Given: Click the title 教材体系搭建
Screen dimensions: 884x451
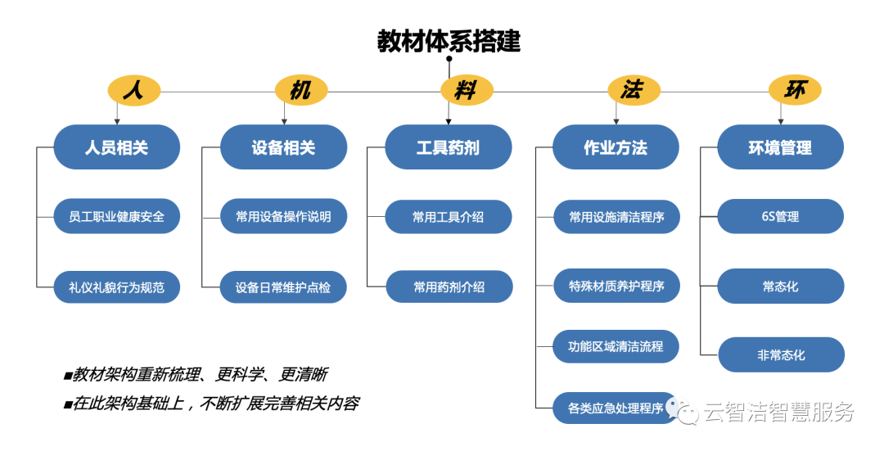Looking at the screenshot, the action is (x=449, y=41).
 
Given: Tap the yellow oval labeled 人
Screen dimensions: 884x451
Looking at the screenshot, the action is (x=134, y=90).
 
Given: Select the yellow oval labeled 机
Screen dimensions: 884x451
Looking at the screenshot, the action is (x=301, y=90).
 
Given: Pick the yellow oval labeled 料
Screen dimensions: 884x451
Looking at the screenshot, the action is (x=467, y=90).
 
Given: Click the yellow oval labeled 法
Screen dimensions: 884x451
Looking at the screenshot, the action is (x=634, y=90).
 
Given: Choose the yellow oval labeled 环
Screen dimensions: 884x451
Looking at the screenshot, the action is (x=795, y=90).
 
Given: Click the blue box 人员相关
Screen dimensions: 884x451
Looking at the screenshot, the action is (x=117, y=147).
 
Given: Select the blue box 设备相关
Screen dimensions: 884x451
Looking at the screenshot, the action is (x=283, y=147).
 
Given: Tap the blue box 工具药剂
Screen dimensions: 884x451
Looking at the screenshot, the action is (x=449, y=147).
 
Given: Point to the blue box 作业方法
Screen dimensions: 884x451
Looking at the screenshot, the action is (x=616, y=147).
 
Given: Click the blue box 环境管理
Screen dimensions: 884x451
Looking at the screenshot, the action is (x=780, y=147).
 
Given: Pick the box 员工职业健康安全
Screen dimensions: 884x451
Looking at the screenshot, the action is (x=117, y=216).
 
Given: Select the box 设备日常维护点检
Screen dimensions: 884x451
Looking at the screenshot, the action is (x=283, y=287).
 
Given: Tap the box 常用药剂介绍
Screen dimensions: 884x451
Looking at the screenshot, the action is (x=449, y=287).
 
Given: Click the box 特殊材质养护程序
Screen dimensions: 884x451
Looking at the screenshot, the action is (x=617, y=286).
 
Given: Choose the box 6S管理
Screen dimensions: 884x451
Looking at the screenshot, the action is (x=780, y=216).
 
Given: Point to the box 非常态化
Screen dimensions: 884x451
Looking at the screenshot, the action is (x=782, y=355).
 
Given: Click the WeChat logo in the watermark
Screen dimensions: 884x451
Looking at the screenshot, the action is (x=682, y=410).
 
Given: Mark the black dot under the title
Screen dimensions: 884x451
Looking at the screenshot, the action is (x=449, y=59).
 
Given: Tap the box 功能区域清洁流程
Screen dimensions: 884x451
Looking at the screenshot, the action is (x=616, y=346).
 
